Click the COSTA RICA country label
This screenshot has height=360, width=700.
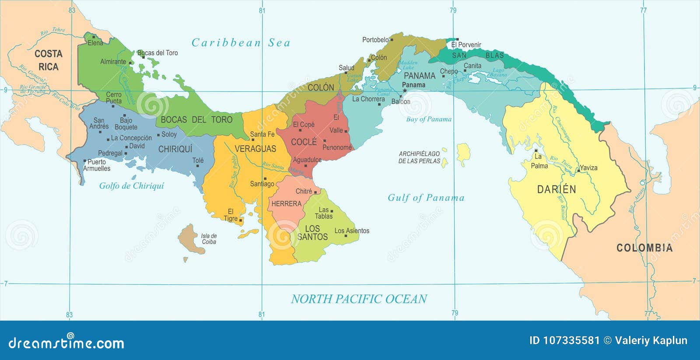(x=48, y=60)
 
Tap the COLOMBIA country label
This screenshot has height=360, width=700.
(x=644, y=248)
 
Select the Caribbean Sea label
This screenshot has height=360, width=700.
(x=241, y=43)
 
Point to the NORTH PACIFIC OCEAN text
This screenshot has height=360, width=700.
(x=359, y=299)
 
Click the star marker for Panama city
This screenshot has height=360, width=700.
(x=405, y=91)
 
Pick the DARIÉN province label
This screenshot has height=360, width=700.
(x=556, y=189)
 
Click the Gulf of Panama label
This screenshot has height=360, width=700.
(x=426, y=198)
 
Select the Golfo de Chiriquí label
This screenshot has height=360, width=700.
(x=131, y=186)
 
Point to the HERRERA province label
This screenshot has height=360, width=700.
(x=286, y=204)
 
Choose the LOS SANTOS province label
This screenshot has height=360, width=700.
(x=312, y=233)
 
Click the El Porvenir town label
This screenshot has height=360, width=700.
(x=466, y=45)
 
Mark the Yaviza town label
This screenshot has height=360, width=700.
(x=588, y=168)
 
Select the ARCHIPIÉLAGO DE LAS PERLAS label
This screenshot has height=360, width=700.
(x=419, y=157)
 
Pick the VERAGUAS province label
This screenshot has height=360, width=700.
(x=255, y=149)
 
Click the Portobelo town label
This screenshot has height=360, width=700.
(x=375, y=40)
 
